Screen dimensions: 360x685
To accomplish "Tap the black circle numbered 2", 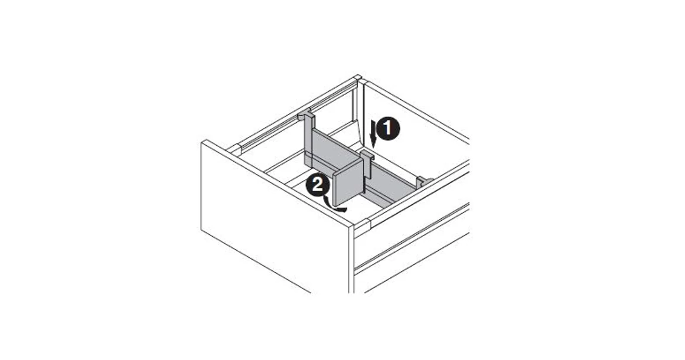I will (x=317, y=186).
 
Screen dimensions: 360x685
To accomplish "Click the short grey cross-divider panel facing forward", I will (x=348, y=184).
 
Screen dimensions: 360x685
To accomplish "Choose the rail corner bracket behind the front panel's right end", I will (x=363, y=224).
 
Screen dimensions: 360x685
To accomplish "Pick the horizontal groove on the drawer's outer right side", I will (x=413, y=233).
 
